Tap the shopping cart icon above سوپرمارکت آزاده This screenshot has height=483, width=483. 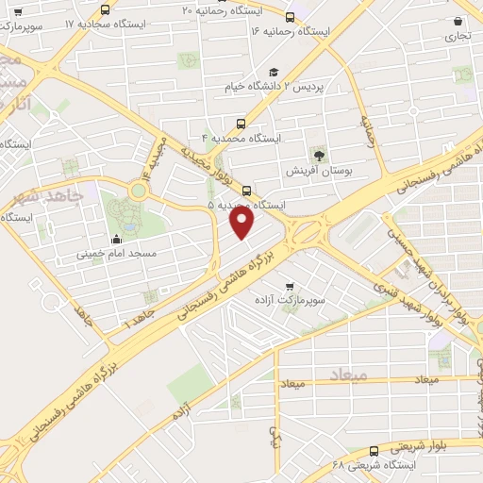[289, 286]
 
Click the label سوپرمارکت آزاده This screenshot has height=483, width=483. [289, 299]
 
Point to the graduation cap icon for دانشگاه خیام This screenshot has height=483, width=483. [274, 73]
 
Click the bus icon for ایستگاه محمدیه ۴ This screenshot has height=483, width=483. [241, 123]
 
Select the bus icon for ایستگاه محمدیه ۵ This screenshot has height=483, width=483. [248, 189]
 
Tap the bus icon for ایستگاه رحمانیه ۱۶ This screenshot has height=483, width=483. [288, 15]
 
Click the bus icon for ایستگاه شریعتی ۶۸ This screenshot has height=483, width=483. [375, 451]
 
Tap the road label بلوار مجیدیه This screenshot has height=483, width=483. [217, 161]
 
